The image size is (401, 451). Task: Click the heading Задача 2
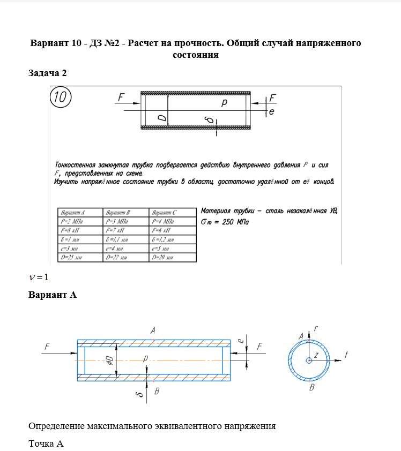(x=47, y=73)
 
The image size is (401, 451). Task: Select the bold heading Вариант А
(x=53, y=295)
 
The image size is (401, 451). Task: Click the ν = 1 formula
(x=39, y=277)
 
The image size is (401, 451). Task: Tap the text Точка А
(x=46, y=444)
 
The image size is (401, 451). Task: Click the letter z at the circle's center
(x=316, y=355)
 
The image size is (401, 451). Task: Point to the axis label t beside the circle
(x=347, y=354)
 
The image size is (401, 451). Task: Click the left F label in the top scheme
(x=121, y=98)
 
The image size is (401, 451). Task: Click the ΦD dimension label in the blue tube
(x=108, y=359)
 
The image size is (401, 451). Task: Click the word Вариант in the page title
(x=50, y=43)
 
